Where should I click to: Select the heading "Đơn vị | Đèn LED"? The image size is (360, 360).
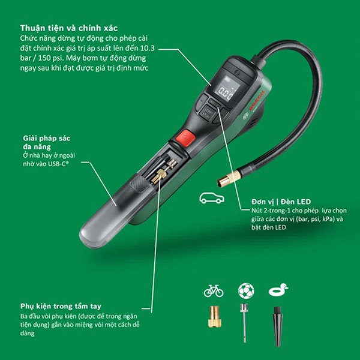(x=281, y=202)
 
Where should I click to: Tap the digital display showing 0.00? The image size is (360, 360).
(x=226, y=91)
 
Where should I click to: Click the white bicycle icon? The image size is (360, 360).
(x=214, y=291)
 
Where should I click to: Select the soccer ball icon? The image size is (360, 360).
(x=246, y=291)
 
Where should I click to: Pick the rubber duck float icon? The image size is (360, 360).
(x=278, y=291)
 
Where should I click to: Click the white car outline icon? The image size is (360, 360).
(x=211, y=199)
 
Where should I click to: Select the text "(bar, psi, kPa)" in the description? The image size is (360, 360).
(x=302, y=219)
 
